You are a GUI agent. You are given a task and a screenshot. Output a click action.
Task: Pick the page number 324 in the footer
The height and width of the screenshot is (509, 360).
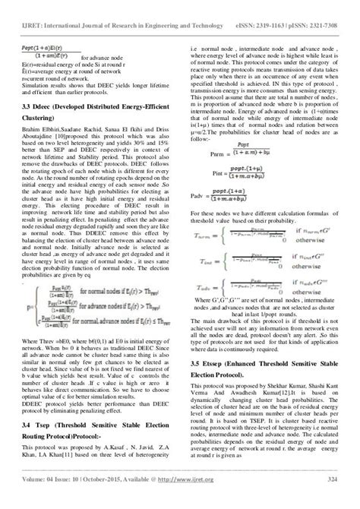click(333, 499)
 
